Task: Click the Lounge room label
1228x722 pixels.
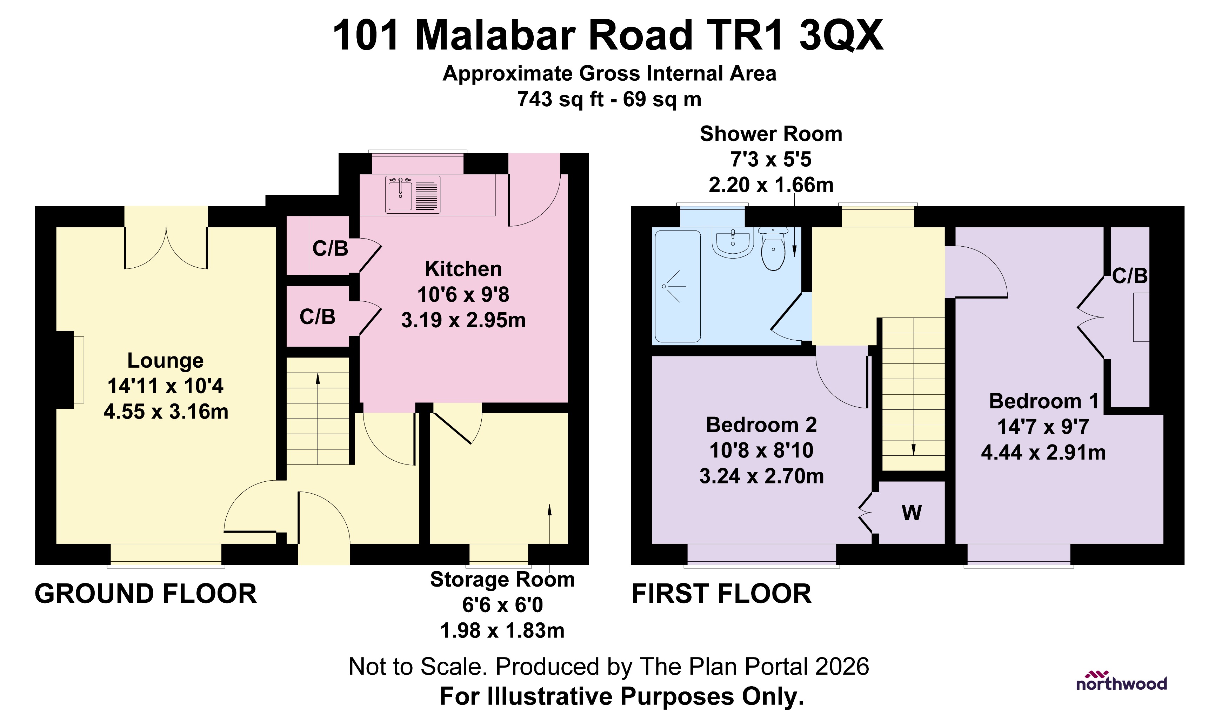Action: pos(166,361)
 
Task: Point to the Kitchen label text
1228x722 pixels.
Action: pos(463,269)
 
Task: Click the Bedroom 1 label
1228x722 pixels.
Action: pos(1044,401)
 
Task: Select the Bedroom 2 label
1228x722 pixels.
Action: pos(761,425)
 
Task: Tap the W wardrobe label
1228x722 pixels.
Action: pos(911,513)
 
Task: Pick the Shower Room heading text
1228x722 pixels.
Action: pos(771,134)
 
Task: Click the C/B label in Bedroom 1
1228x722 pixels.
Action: pos(1129,276)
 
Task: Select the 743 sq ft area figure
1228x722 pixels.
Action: pos(560,99)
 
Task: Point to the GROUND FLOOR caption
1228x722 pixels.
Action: pos(146,594)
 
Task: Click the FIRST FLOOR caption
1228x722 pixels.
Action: pos(722,594)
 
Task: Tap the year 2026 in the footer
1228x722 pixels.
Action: pos(842,667)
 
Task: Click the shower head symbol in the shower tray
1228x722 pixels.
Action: pos(672,287)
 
